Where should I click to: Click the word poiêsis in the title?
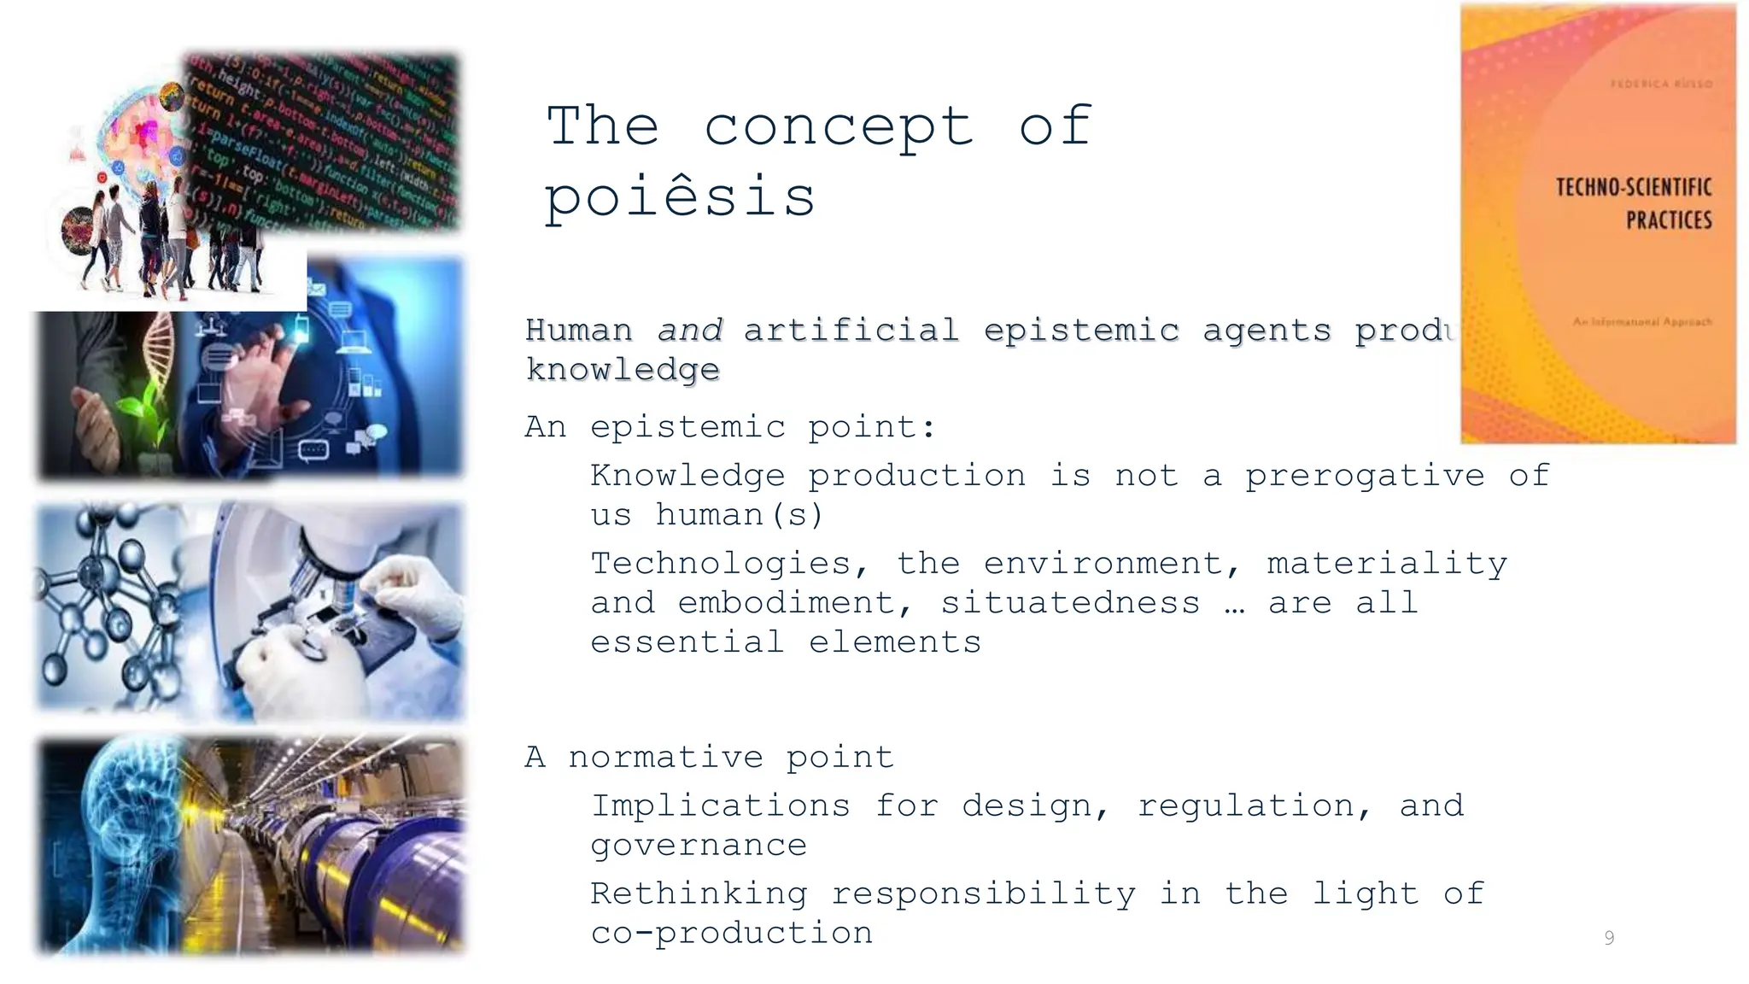tap(680, 197)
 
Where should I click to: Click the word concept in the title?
tap(838, 126)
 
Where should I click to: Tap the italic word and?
tap(689, 330)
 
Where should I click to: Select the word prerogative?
tap(1364, 476)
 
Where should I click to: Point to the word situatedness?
tap(1070, 603)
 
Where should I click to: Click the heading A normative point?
tap(709, 758)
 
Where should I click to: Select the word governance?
tap(699, 846)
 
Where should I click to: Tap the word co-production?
tap(732, 933)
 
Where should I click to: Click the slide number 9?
tap(1609, 938)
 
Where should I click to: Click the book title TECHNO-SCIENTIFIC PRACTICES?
tap(1634, 203)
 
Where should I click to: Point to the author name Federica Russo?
tap(1660, 84)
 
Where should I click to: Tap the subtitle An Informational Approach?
tap(1641, 322)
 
